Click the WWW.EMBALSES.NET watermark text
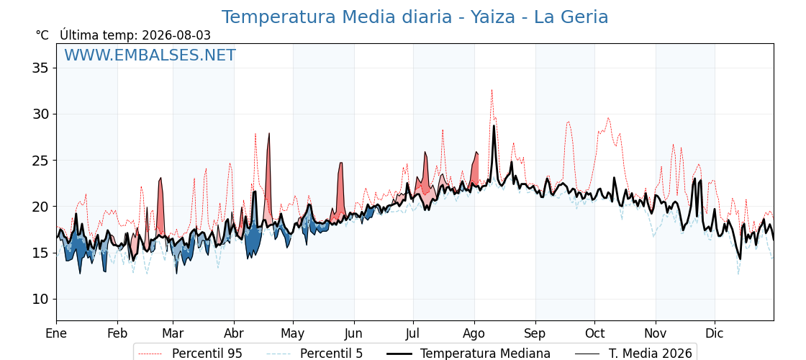point(150,55)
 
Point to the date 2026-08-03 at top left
point(176,35)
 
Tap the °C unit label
point(42,35)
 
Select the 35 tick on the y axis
point(40,68)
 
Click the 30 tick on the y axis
point(40,114)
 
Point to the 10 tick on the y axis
point(40,300)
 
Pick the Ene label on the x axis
point(56,334)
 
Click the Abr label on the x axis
point(234,334)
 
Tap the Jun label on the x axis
point(353,334)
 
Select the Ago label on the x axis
point(474,334)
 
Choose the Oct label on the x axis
point(594,334)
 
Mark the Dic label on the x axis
point(715,334)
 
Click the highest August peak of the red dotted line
point(492,89)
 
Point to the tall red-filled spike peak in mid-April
point(269,133)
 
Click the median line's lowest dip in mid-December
point(741,259)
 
